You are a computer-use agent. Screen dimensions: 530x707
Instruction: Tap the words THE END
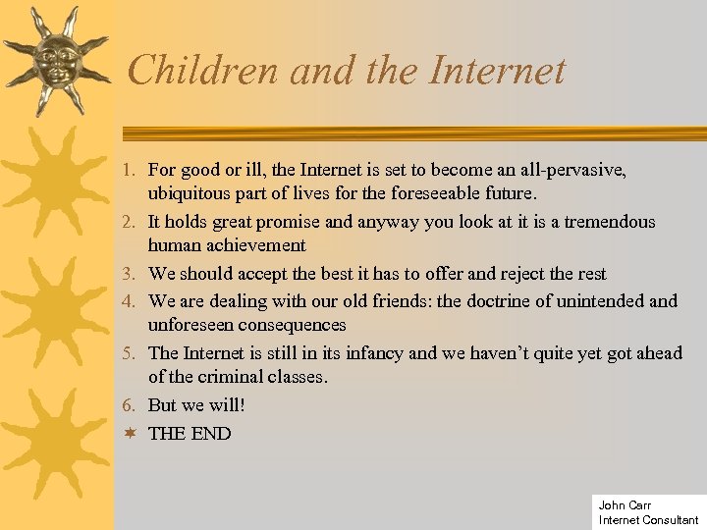pyautogui.click(x=190, y=433)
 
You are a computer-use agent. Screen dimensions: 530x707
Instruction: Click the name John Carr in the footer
pyautogui.click(x=625, y=505)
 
